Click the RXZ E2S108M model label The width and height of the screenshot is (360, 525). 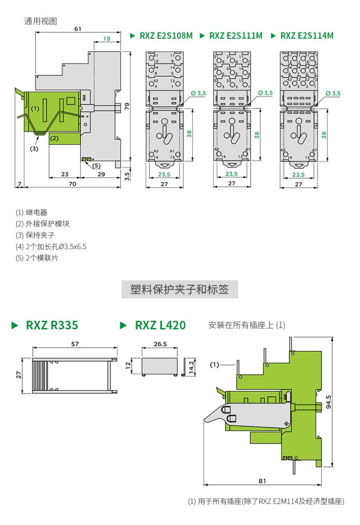pos(166,36)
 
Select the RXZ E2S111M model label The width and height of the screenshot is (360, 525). pos(235,36)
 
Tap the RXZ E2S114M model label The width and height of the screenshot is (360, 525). pos(307,36)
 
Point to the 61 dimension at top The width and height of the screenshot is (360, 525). pos(78,29)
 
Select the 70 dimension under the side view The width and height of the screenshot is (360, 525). pos(72,184)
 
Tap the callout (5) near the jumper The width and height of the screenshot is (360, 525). pos(96,166)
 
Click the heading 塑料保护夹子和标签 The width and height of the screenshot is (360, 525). pos(180,289)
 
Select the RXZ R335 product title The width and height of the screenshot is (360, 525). pos(52,325)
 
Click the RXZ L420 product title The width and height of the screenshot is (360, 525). pos(160,325)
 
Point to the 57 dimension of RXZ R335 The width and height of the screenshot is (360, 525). pos(75,344)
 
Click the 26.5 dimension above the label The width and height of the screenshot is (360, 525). pos(160,344)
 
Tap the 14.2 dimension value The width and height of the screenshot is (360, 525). pos(191,367)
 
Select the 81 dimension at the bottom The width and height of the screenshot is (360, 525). pos(262,480)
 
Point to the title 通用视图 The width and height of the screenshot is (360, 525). pos(40,21)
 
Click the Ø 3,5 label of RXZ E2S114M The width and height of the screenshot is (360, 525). pos(333,93)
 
